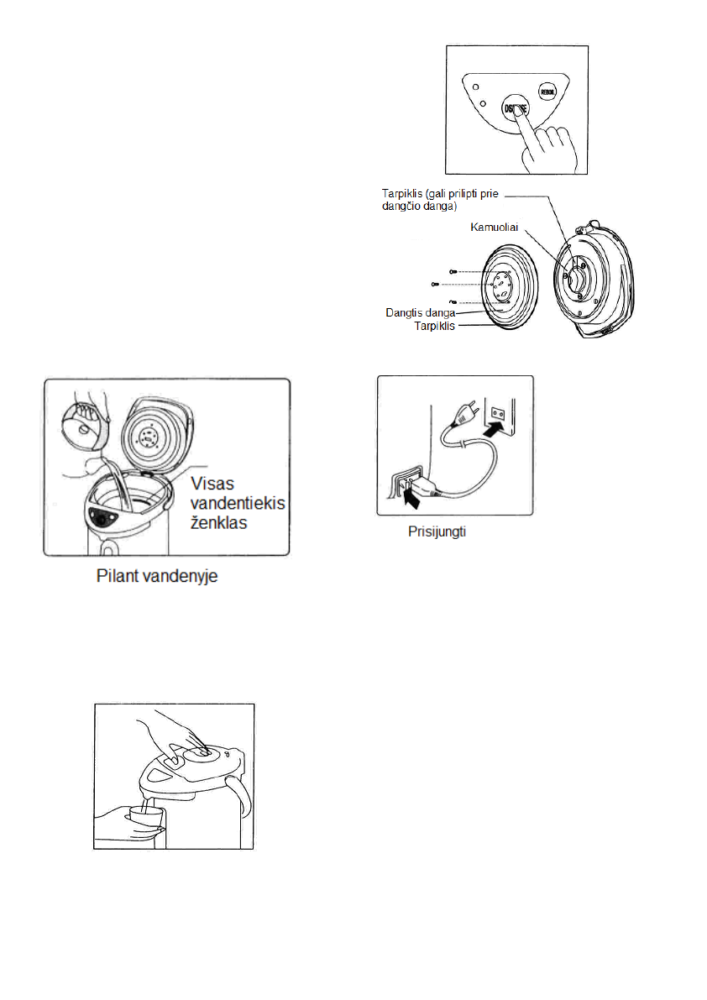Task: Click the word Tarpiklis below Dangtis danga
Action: pos(434,326)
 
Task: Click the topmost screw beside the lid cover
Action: pos(453,271)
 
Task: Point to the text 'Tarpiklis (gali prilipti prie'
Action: pos(438,194)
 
